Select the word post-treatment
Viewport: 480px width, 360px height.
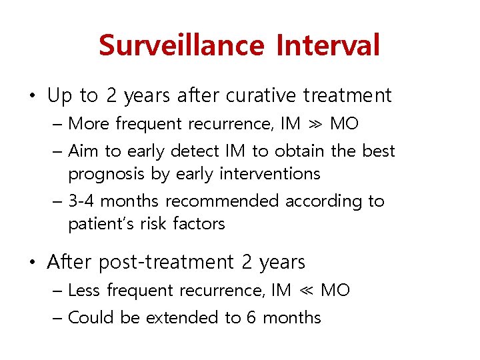[x=166, y=263]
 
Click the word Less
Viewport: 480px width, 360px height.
[x=85, y=291]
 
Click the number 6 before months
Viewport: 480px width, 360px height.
[x=251, y=318]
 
